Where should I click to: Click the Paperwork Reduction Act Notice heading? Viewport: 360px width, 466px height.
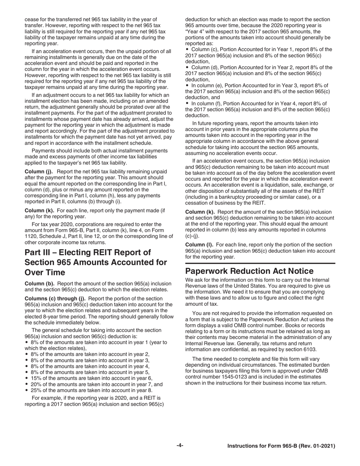click(250, 271)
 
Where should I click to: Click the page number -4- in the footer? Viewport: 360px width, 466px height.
click(180, 446)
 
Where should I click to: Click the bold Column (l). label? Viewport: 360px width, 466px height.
click(199, 245)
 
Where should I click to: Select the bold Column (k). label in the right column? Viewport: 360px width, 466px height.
click(200, 212)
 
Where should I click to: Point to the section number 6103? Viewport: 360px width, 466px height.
click(307, 349)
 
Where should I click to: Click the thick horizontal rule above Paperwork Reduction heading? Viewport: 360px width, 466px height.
click(260, 263)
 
